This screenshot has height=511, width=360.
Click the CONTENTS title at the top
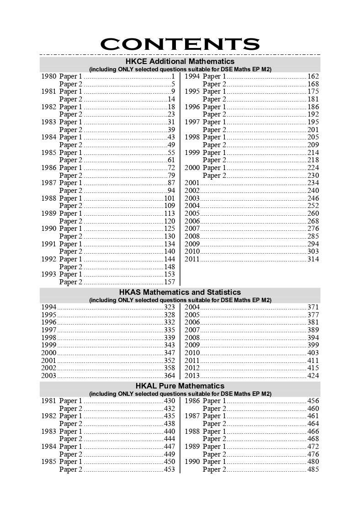[180, 44]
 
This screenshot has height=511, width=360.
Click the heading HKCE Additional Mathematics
[180, 61]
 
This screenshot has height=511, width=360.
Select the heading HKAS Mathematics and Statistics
[180, 292]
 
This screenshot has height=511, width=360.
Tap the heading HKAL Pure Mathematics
[180, 386]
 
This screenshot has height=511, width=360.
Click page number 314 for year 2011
[313, 259]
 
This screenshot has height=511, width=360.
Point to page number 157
[169, 282]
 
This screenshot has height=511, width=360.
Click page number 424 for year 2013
[313, 376]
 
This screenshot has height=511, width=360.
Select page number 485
[313, 469]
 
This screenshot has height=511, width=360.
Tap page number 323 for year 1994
[169, 307]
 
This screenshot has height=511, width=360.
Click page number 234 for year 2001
[313, 183]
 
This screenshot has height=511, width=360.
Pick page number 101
[169, 198]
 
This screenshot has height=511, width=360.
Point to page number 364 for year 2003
[169, 376]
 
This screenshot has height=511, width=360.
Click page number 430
[169, 401]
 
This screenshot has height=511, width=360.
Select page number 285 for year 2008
[313, 236]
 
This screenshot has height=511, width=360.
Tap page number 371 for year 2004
[313, 307]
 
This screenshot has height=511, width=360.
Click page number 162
[313, 76]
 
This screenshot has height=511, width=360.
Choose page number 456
[313, 401]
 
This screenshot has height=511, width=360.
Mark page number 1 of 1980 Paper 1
[173, 76]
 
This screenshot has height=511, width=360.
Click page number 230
[313, 176]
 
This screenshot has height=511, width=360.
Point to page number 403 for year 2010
[313, 353]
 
